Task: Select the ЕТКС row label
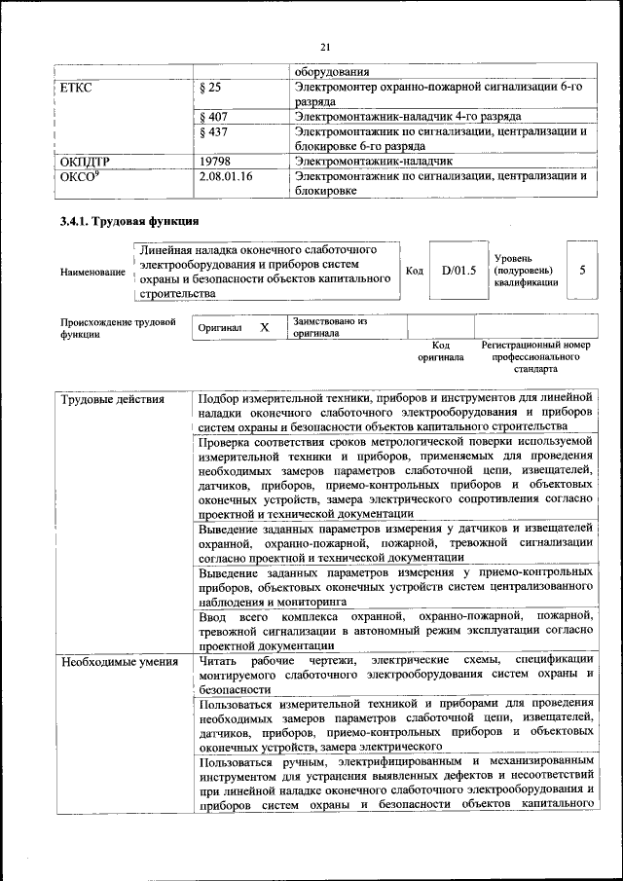pos(76,87)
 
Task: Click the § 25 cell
pos(209,87)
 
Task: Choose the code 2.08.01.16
pos(225,176)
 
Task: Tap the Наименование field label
pos(92,272)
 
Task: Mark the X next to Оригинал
pos(264,328)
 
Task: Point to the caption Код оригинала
pos(440,351)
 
